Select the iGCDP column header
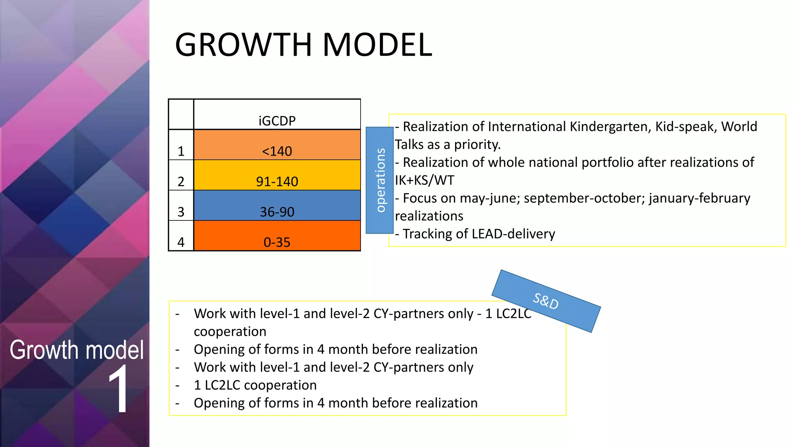pyautogui.click(x=277, y=121)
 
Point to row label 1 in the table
pyautogui.click(x=181, y=151)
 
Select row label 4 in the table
pyautogui.click(x=181, y=242)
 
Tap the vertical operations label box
pyautogui.click(x=380, y=180)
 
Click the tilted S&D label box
pyautogui.click(x=546, y=301)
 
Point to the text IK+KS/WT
pyautogui.click(x=424, y=180)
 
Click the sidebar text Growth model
pyautogui.click(x=76, y=350)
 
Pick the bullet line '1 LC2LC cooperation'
pyautogui.click(x=255, y=385)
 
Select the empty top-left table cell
pyautogui.click(x=181, y=114)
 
